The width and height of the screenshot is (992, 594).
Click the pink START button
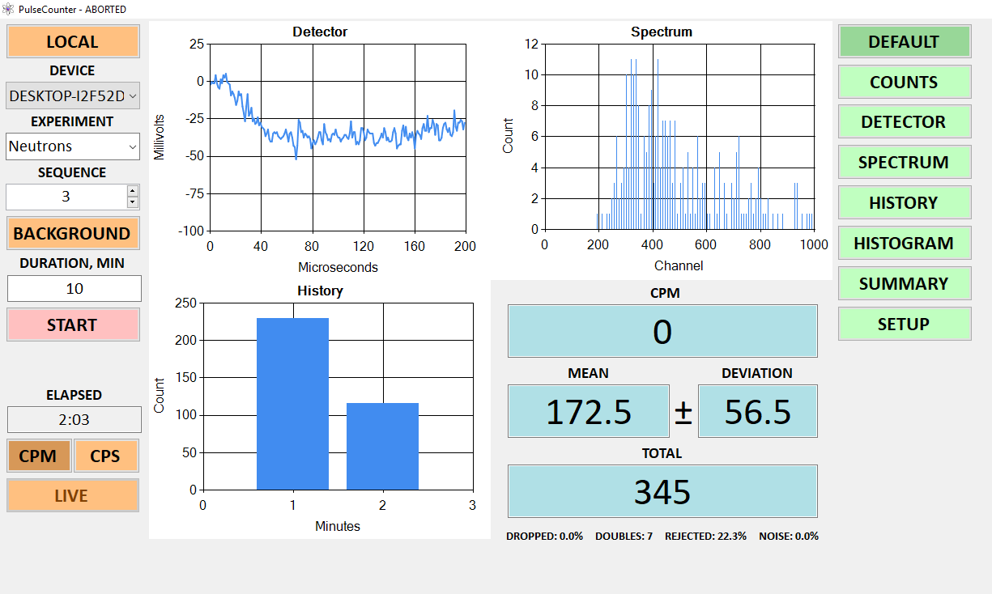coord(73,325)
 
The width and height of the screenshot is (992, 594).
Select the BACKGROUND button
coord(73,233)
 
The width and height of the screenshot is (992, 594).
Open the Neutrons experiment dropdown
coord(73,146)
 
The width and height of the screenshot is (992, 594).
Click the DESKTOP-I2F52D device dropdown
coord(73,95)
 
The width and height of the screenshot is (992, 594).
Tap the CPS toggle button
coord(105,456)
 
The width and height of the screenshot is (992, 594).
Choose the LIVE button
coord(73,495)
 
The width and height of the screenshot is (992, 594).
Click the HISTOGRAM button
coord(904,243)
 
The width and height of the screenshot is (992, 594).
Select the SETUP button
coord(904,324)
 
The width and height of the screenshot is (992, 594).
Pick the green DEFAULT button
coord(904,41)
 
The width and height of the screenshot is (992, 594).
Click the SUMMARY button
coord(904,283)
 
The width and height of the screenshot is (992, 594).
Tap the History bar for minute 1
coord(292,404)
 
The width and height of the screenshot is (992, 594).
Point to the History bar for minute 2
coord(382,446)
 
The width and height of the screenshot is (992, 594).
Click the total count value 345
coord(662,491)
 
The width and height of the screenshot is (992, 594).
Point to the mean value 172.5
coord(589,411)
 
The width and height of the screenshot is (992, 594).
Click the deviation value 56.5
coord(757,411)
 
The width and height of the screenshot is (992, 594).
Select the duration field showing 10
coord(75,288)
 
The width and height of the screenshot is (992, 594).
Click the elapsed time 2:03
coord(75,420)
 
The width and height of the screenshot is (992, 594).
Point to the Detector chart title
coord(320,32)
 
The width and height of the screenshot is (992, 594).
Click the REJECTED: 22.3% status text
coord(705,536)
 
